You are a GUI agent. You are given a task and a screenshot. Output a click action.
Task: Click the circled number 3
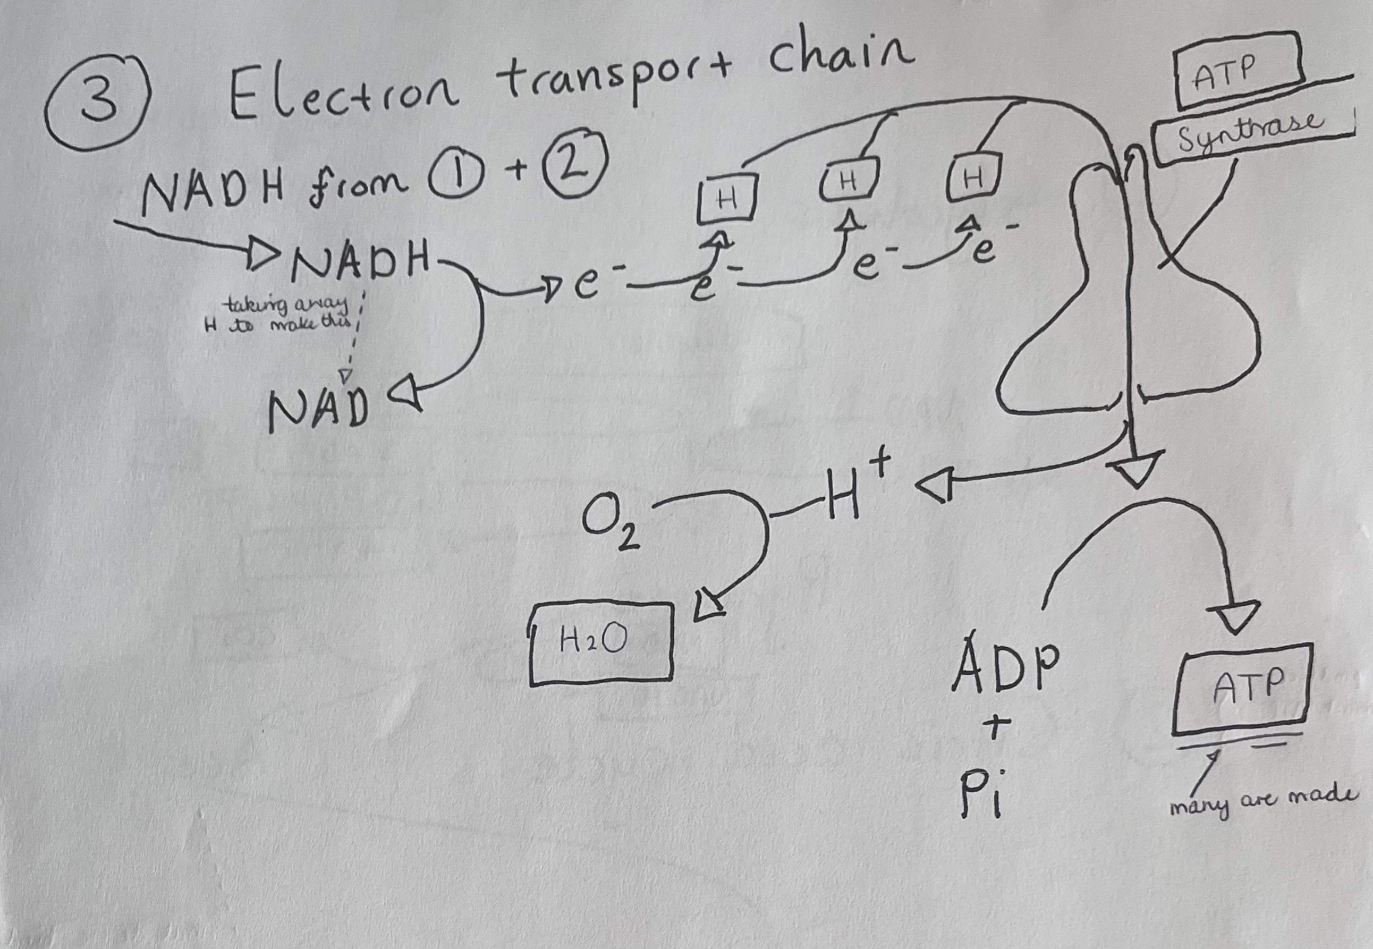(x=97, y=101)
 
